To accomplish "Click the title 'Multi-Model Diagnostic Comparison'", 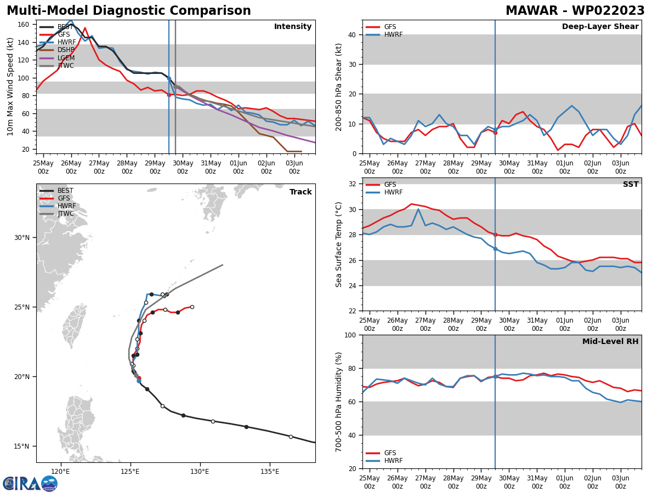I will coord(129,11).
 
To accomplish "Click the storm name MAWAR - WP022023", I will coord(575,11).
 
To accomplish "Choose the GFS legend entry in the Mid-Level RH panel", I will coord(390,453).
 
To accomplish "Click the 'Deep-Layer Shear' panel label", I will coord(600,27).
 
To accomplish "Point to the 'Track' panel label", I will coord(300,192).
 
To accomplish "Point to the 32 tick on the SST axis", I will coord(354,184).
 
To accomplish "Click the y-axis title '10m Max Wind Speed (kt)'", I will coord(10,87).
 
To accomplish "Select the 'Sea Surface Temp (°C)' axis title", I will coord(339,244).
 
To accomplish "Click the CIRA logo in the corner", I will coord(30,484).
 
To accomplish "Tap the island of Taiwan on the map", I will coord(73,326).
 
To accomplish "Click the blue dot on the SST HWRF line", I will coord(495,249).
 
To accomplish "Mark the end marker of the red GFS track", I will coord(192,307).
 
